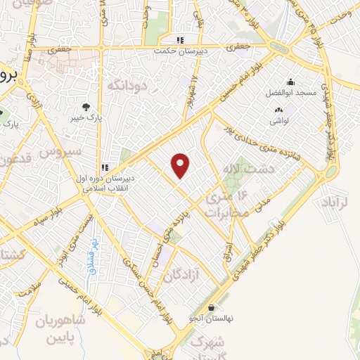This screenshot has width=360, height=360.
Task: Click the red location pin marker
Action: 181,165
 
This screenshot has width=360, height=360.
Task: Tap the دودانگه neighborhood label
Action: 127,85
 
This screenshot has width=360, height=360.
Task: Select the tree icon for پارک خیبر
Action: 86,107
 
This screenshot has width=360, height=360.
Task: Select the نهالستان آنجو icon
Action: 212,307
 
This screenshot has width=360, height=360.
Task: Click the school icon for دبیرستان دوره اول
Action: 104,167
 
